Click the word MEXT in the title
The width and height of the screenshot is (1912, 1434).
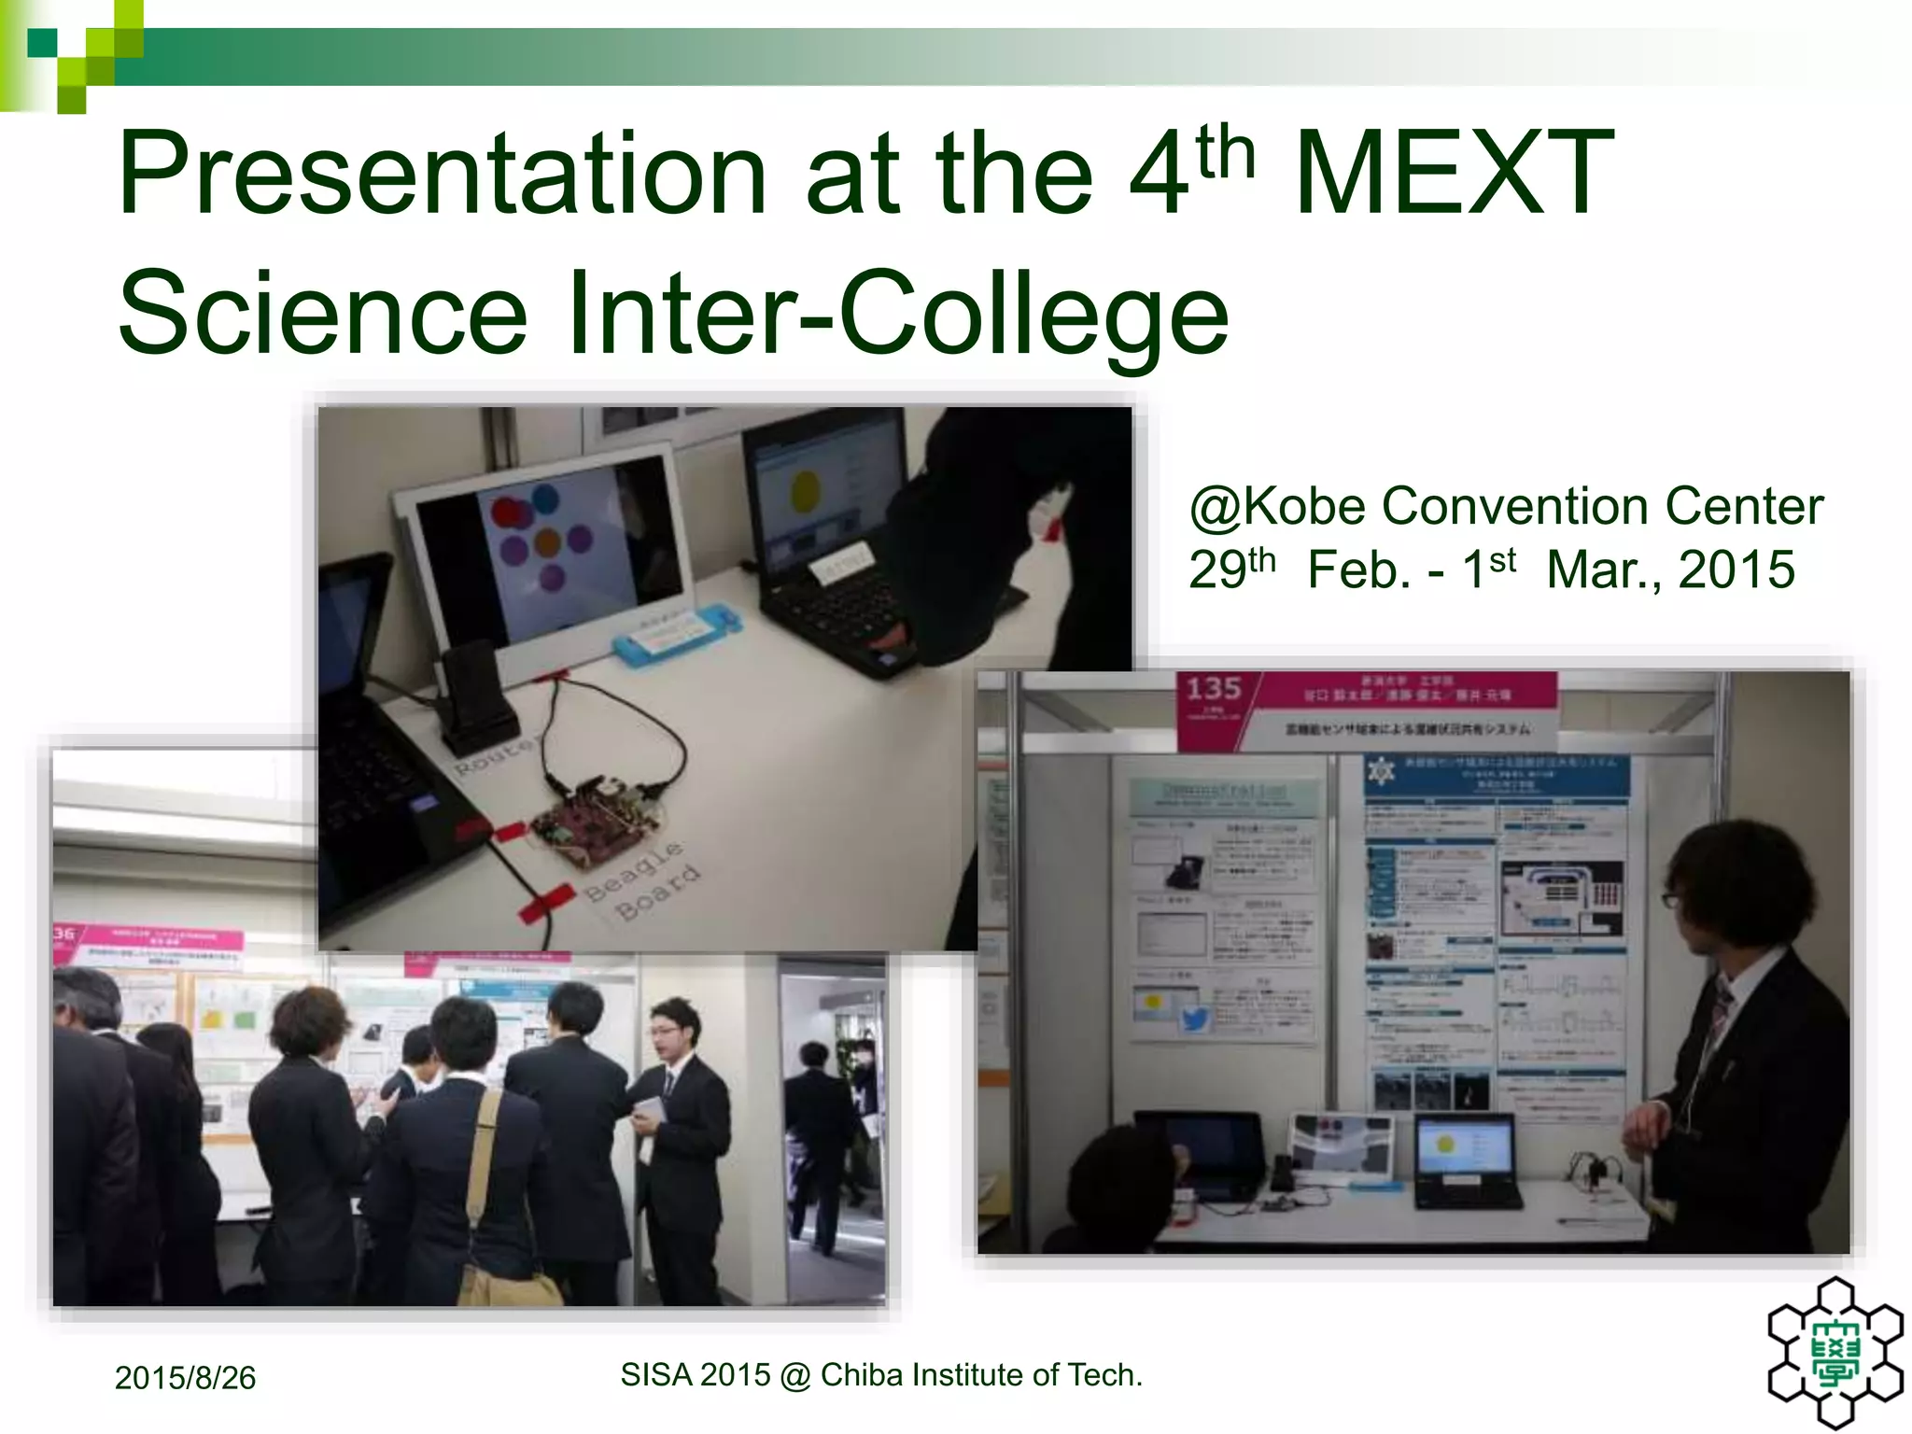point(1454,175)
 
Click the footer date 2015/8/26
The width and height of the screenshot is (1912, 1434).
point(185,1378)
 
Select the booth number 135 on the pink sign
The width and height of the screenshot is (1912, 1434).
point(1213,689)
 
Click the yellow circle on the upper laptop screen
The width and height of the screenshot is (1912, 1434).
point(806,490)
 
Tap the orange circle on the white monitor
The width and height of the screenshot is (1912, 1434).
point(547,541)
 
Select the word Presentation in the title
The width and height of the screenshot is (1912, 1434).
point(442,175)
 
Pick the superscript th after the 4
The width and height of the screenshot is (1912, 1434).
point(1225,151)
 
